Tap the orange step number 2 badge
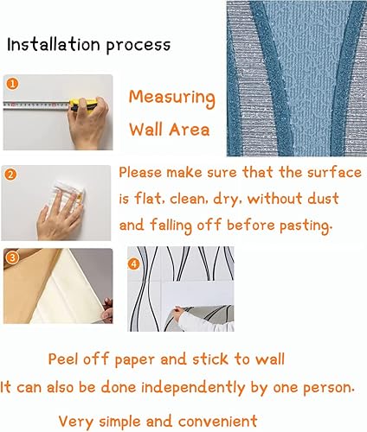tap(10, 175)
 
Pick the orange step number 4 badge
tap(133, 263)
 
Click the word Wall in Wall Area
tap(146, 131)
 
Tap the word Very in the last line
tap(76, 420)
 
